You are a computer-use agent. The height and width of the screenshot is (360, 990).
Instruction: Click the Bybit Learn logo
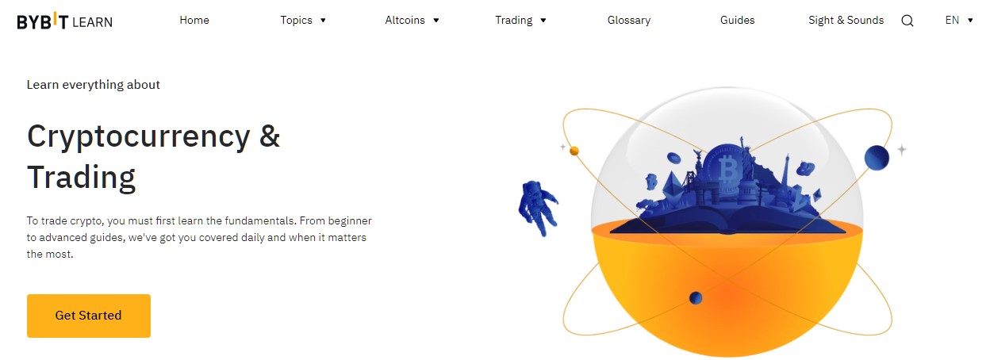point(64,21)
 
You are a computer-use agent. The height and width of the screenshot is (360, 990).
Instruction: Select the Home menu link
point(194,21)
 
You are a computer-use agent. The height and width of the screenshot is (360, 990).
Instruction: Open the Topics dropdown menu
point(303,21)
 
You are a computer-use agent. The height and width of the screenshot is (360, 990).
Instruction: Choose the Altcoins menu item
point(412,21)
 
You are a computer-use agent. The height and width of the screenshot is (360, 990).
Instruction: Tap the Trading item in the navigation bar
point(520,21)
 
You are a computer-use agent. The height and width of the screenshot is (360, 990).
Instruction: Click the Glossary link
point(629,21)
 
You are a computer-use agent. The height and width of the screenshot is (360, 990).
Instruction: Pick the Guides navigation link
point(737,21)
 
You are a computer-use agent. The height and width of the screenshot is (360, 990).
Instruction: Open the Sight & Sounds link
point(846,21)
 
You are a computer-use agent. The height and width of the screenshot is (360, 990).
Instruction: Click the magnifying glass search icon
point(907,21)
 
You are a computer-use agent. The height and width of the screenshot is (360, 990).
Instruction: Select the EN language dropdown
point(958,21)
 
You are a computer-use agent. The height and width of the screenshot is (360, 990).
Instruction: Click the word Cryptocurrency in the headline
point(139,138)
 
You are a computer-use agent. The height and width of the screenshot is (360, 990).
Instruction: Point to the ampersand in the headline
point(270,136)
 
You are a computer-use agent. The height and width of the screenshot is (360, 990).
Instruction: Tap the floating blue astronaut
point(538,207)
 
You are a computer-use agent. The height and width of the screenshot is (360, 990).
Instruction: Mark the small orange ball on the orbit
point(574,151)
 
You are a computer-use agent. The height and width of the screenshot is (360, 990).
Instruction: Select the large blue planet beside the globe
point(877,158)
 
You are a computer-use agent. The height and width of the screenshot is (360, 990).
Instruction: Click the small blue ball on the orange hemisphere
point(696,298)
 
